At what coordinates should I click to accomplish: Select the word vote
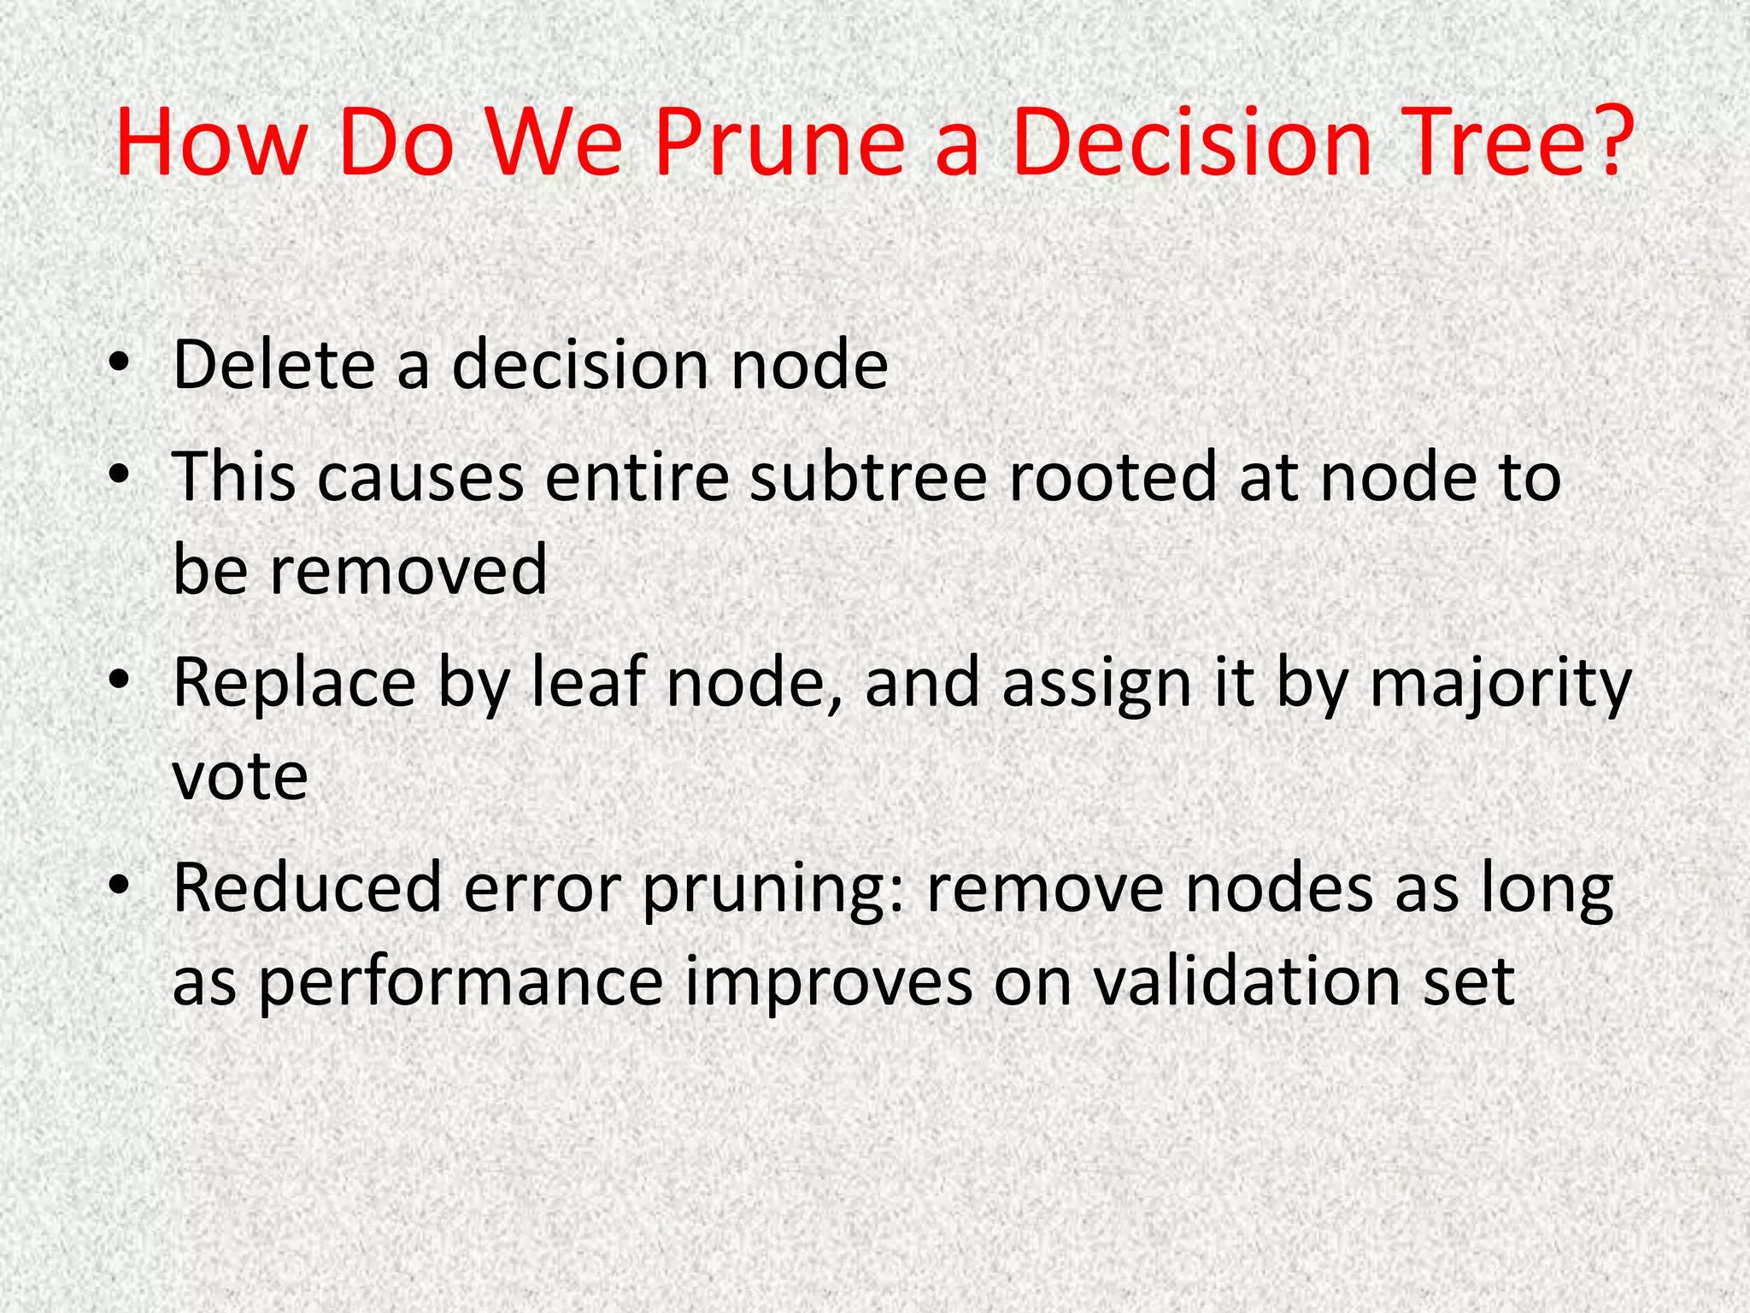[x=239, y=776]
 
